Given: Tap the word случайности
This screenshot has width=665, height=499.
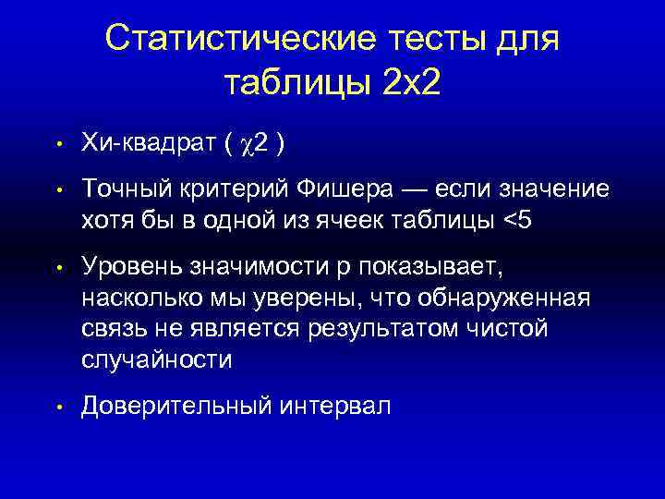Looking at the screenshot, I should pos(156,359).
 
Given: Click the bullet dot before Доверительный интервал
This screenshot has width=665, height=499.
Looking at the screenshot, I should pos(57,407).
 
